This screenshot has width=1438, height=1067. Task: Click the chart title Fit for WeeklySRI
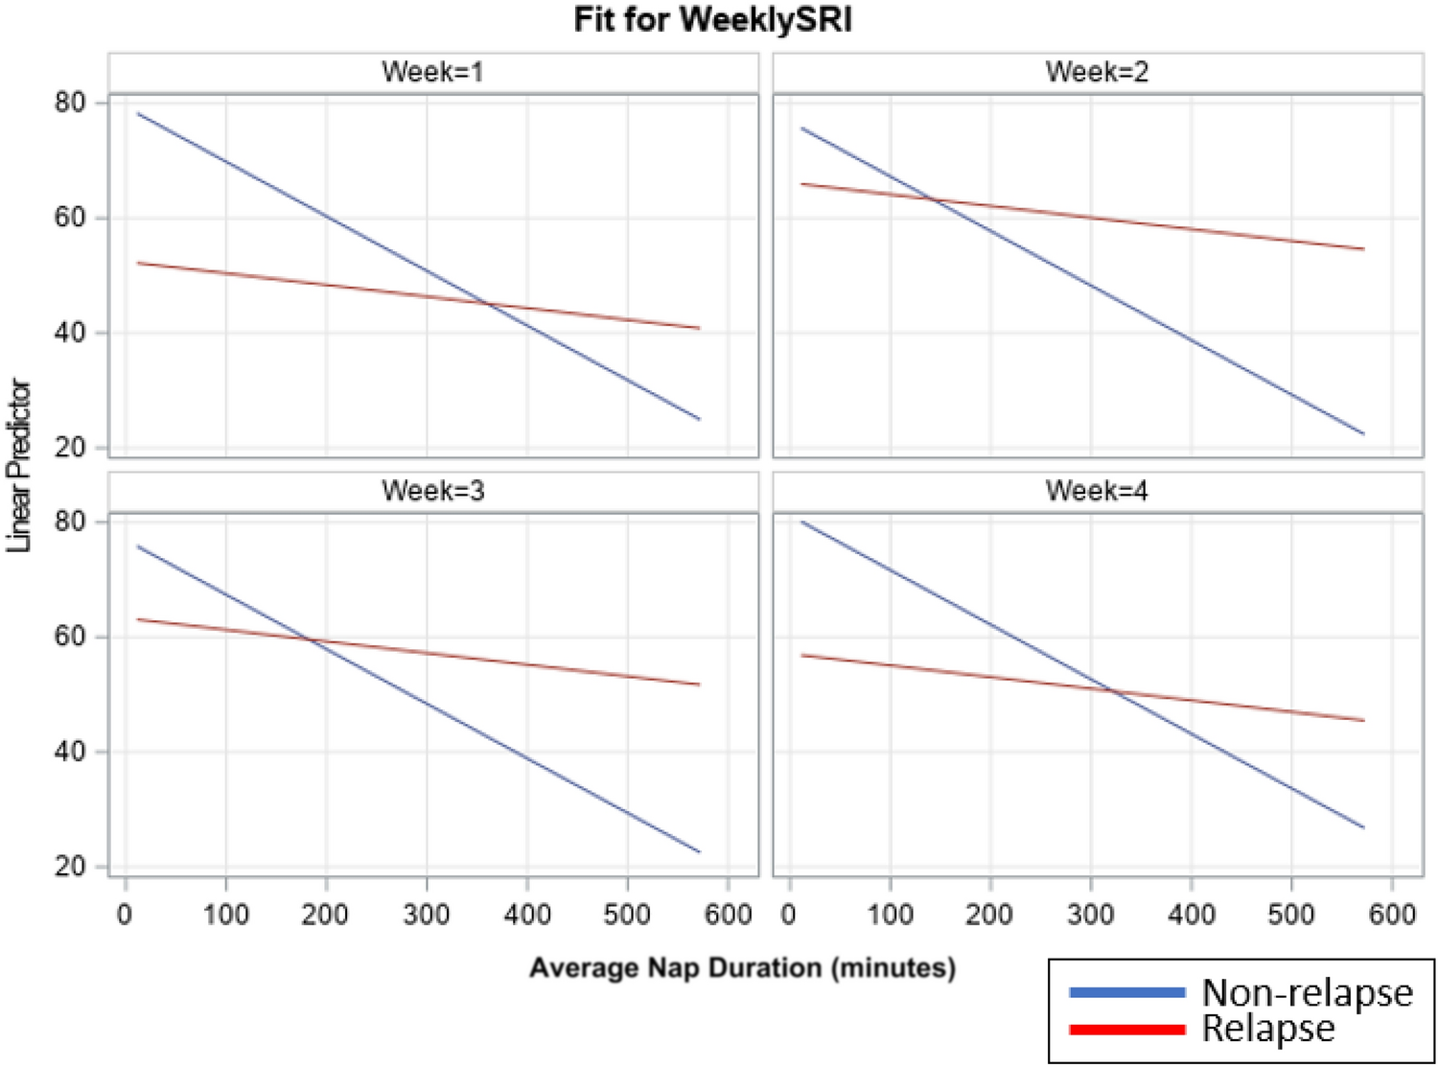pyautogui.click(x=712, y=20)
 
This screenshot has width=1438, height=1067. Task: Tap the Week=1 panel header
pyautogui.click(x=432, y=72)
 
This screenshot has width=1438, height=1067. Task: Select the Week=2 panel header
pyautogui.click(x=1097, y=72)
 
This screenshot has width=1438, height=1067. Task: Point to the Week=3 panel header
pyautogui.click(x=432, y=491)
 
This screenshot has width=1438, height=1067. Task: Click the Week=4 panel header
pyautogui.click(x=1097, y=491)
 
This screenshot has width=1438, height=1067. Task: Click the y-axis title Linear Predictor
pyautogui.click(x=18, y=467)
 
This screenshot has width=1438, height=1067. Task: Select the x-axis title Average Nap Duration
pyautogui.click(x=742, y=967)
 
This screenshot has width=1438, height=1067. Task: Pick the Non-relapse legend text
pyautogui.click(x=1307, y=992)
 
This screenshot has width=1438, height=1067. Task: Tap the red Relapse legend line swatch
pyautogui.click(x=1126, y=1030)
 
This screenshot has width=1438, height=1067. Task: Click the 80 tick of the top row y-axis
pyautogui.click(x=70, y=103)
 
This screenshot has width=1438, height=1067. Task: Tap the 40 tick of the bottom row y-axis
pyautogui.click(x=70, y=752)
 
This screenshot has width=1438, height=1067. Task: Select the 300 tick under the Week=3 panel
pyautogui.click(x=426, y=915)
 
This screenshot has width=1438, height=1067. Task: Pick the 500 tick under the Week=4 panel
pyautogui.click(x=1290, y=915)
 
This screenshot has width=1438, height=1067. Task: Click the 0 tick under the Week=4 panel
pyautogui.click(x=788, y=915)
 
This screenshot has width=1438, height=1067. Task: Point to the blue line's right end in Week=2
pyautogui.click(x=1363, y=434)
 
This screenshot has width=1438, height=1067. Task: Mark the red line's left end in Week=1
pyautogui.click(x=138, y=263)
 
